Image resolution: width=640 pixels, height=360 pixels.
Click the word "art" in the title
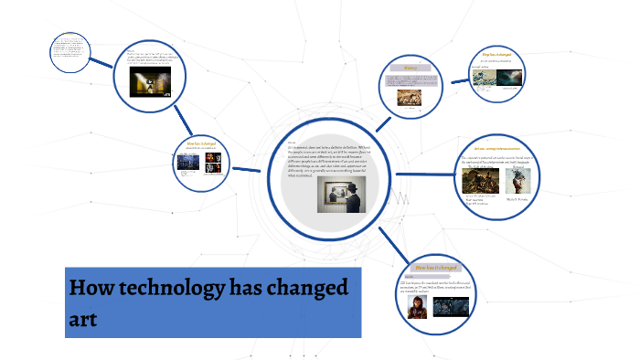click(82, 319)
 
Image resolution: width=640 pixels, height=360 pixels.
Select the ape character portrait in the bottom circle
click(417, 305)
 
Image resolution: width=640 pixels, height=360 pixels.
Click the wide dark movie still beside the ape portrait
click(451, 305)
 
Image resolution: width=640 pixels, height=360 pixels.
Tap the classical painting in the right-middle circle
click(479, 182)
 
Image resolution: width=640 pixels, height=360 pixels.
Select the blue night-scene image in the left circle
click(189, 164)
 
